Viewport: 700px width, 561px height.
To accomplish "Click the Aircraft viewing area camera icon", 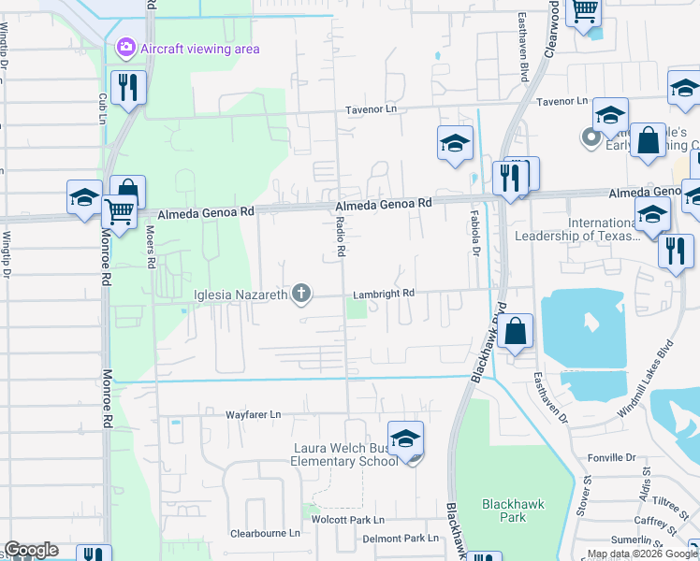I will coord(125,47).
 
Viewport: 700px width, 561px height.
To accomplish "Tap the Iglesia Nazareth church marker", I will coord(301,295).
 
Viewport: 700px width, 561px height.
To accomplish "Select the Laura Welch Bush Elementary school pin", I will coord(405,439).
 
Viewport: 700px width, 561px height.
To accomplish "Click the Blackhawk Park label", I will coord(506,510).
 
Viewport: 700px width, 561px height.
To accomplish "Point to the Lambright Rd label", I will coord(383,294).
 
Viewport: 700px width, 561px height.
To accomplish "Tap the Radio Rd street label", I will coord(341,239).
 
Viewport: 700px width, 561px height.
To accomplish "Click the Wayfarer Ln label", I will coord(253,414).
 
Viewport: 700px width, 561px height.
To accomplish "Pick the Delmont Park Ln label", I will coord(400,539).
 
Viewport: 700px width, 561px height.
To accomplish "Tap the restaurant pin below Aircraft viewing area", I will coord(125,88).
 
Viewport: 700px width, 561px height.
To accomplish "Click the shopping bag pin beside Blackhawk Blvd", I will coord(515,330).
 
